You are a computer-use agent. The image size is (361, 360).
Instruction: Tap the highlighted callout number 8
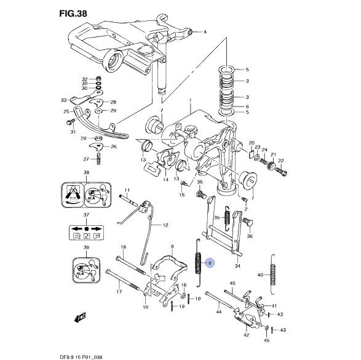coord(210,263)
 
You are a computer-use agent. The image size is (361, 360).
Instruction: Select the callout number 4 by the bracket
coord(205,31)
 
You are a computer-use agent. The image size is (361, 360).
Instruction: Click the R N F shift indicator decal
coord(86,234)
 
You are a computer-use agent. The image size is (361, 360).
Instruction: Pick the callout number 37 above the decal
coord(87,215)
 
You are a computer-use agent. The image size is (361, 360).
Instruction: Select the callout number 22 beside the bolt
coord(282,161)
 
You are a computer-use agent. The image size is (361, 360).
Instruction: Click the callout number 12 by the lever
coord(165,225)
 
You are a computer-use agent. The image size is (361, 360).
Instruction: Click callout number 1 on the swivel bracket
coord(191,100)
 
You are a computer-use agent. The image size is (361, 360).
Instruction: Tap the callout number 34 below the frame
coord(237,266)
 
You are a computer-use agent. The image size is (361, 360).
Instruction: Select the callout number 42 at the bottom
coord(247,336)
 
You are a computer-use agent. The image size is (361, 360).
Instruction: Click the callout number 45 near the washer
coord(267,340)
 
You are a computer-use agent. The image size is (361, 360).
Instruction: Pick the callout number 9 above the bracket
coord(173,247)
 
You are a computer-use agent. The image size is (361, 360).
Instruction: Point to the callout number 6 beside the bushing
coord(247,106)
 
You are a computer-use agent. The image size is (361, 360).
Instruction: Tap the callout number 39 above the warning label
coord(87,247)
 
